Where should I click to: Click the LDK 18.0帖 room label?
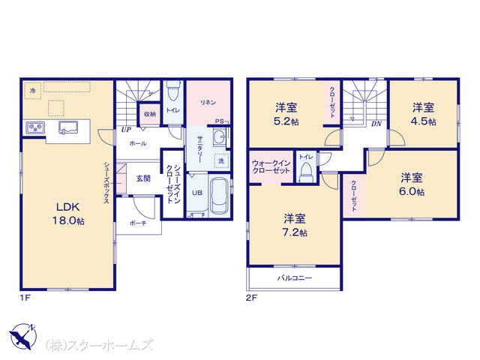coord(68,214)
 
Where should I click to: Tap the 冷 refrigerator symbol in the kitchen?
coord(33,91)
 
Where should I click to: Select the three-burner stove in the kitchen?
coord(35,127)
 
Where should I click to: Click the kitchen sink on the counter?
coord(68,127)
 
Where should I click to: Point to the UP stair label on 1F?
coord(126,130)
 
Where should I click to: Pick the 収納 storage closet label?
coord(150,114)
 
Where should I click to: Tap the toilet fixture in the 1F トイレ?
coord(173,91)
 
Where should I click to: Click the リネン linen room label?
coord(208,103)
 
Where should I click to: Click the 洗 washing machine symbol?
coord(221,160)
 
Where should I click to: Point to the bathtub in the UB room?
coord(220,196)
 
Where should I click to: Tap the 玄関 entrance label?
coord(143,178)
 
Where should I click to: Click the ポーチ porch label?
coord(138,223)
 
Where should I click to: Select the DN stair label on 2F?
coord(376,124)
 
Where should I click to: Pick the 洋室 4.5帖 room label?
coord(423,115)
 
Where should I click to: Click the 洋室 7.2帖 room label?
coord(295,225)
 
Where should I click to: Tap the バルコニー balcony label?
coord(295,278)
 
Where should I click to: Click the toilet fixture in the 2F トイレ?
coord(306,172)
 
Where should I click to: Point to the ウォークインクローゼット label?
coord(271,166)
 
